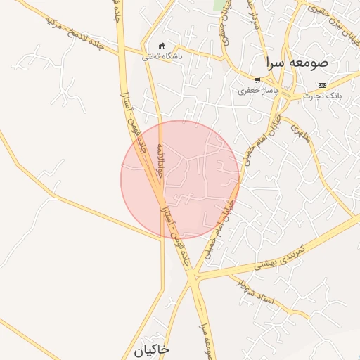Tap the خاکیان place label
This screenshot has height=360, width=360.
(150, 349)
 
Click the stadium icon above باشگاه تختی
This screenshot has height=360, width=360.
(162, 47)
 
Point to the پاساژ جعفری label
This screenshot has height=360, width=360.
(258, 91)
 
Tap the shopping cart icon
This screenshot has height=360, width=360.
(257, 80)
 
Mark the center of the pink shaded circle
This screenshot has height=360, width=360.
(180, 180)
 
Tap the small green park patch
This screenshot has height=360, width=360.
(221, 4)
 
